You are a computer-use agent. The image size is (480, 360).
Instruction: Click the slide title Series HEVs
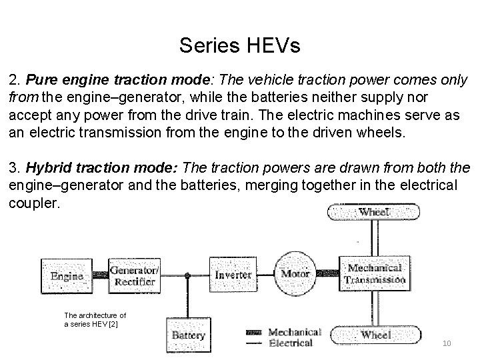pyautogui.click(x=240, y=46)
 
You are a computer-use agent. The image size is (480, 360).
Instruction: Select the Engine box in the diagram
pyautogui.click(x=67, y=275)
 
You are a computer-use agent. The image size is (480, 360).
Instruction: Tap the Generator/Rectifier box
pyautogui.click(x=133, y=275)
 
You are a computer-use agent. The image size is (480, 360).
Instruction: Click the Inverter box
pyautogui.click(x=233, y=275)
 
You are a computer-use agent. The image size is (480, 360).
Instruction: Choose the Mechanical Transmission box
pyautogui.click(x=374, y=274)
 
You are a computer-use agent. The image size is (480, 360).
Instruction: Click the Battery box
pyautogui.click(x=189, y=335)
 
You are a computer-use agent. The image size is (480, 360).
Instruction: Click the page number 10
pyautogui.click(x=446, y=343)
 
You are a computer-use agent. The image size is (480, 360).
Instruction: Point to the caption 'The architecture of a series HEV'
pyautogui.click(x=95, y=319)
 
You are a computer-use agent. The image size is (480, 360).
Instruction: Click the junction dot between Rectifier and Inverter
pyautogui.click(x=188, y=275)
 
